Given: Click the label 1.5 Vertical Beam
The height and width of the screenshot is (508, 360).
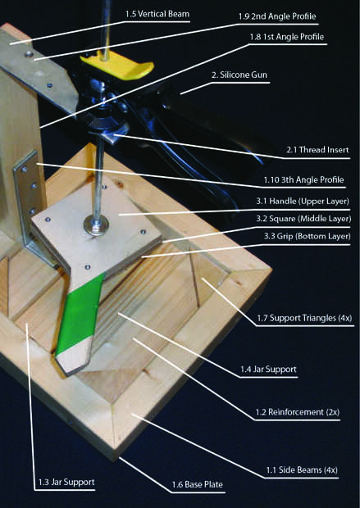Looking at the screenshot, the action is (157, 14).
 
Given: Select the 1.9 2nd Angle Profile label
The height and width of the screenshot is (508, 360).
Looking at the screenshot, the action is (277, 16).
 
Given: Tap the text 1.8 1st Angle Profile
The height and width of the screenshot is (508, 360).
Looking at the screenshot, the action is (287, 37).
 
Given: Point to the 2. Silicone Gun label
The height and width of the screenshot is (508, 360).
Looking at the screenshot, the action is (239, 75).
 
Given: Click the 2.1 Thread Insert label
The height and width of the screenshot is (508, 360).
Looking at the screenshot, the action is (317, 150).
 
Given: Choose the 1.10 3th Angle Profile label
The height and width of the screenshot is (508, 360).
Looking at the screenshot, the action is (303, 179).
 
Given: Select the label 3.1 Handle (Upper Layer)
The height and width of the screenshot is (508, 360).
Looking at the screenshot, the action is (303, 202).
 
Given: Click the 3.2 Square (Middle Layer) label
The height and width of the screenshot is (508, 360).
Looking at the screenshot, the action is (303, 219).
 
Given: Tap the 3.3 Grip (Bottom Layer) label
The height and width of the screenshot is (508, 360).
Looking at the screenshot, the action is (307, 236).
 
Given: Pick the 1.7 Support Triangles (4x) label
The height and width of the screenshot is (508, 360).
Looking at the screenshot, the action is (304, 318).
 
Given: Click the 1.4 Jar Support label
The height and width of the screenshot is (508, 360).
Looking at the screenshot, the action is (268, 370).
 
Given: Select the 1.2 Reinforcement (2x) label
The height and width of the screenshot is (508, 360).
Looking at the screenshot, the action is (297, 412).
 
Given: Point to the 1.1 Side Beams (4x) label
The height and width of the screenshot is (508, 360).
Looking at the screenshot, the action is (302, 469).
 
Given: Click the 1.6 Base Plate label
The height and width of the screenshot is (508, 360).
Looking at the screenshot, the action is (197, 485).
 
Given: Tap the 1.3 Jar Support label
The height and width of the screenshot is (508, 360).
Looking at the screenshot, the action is (66, 482).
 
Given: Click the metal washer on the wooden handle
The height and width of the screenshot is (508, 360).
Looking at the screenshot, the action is (96, 224).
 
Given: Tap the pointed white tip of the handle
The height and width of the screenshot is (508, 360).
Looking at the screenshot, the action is (73, 359).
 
